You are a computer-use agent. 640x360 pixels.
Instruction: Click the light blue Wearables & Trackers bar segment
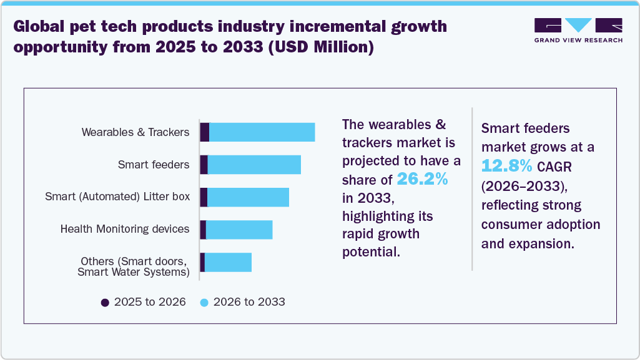262,132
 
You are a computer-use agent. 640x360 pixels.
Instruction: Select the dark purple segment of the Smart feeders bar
204,165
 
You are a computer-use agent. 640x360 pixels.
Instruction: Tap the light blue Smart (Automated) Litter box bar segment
248,197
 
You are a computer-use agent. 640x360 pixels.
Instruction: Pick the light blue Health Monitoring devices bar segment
239,230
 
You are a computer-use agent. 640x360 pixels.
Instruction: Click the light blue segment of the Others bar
228,262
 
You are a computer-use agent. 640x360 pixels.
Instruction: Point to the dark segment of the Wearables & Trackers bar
204,132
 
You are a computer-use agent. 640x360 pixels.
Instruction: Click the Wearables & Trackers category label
135,132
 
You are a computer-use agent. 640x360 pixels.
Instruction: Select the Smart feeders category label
153,165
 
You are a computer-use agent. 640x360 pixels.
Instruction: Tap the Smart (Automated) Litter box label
117,197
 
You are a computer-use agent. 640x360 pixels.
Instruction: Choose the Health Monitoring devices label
125,229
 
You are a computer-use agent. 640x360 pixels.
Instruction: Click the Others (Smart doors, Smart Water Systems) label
134,266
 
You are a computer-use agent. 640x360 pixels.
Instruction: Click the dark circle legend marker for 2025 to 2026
105,302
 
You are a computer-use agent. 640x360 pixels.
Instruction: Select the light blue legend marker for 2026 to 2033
204,302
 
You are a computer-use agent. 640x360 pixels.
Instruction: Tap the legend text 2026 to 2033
249,302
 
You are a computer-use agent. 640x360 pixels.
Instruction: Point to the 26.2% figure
423,180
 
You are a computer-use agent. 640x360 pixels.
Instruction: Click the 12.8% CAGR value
507,166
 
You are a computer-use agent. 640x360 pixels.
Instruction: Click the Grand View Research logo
578,30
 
